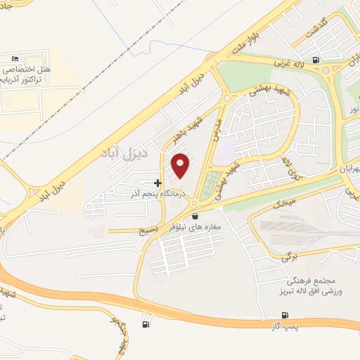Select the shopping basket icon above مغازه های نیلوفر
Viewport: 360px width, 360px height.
click(195, 217)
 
